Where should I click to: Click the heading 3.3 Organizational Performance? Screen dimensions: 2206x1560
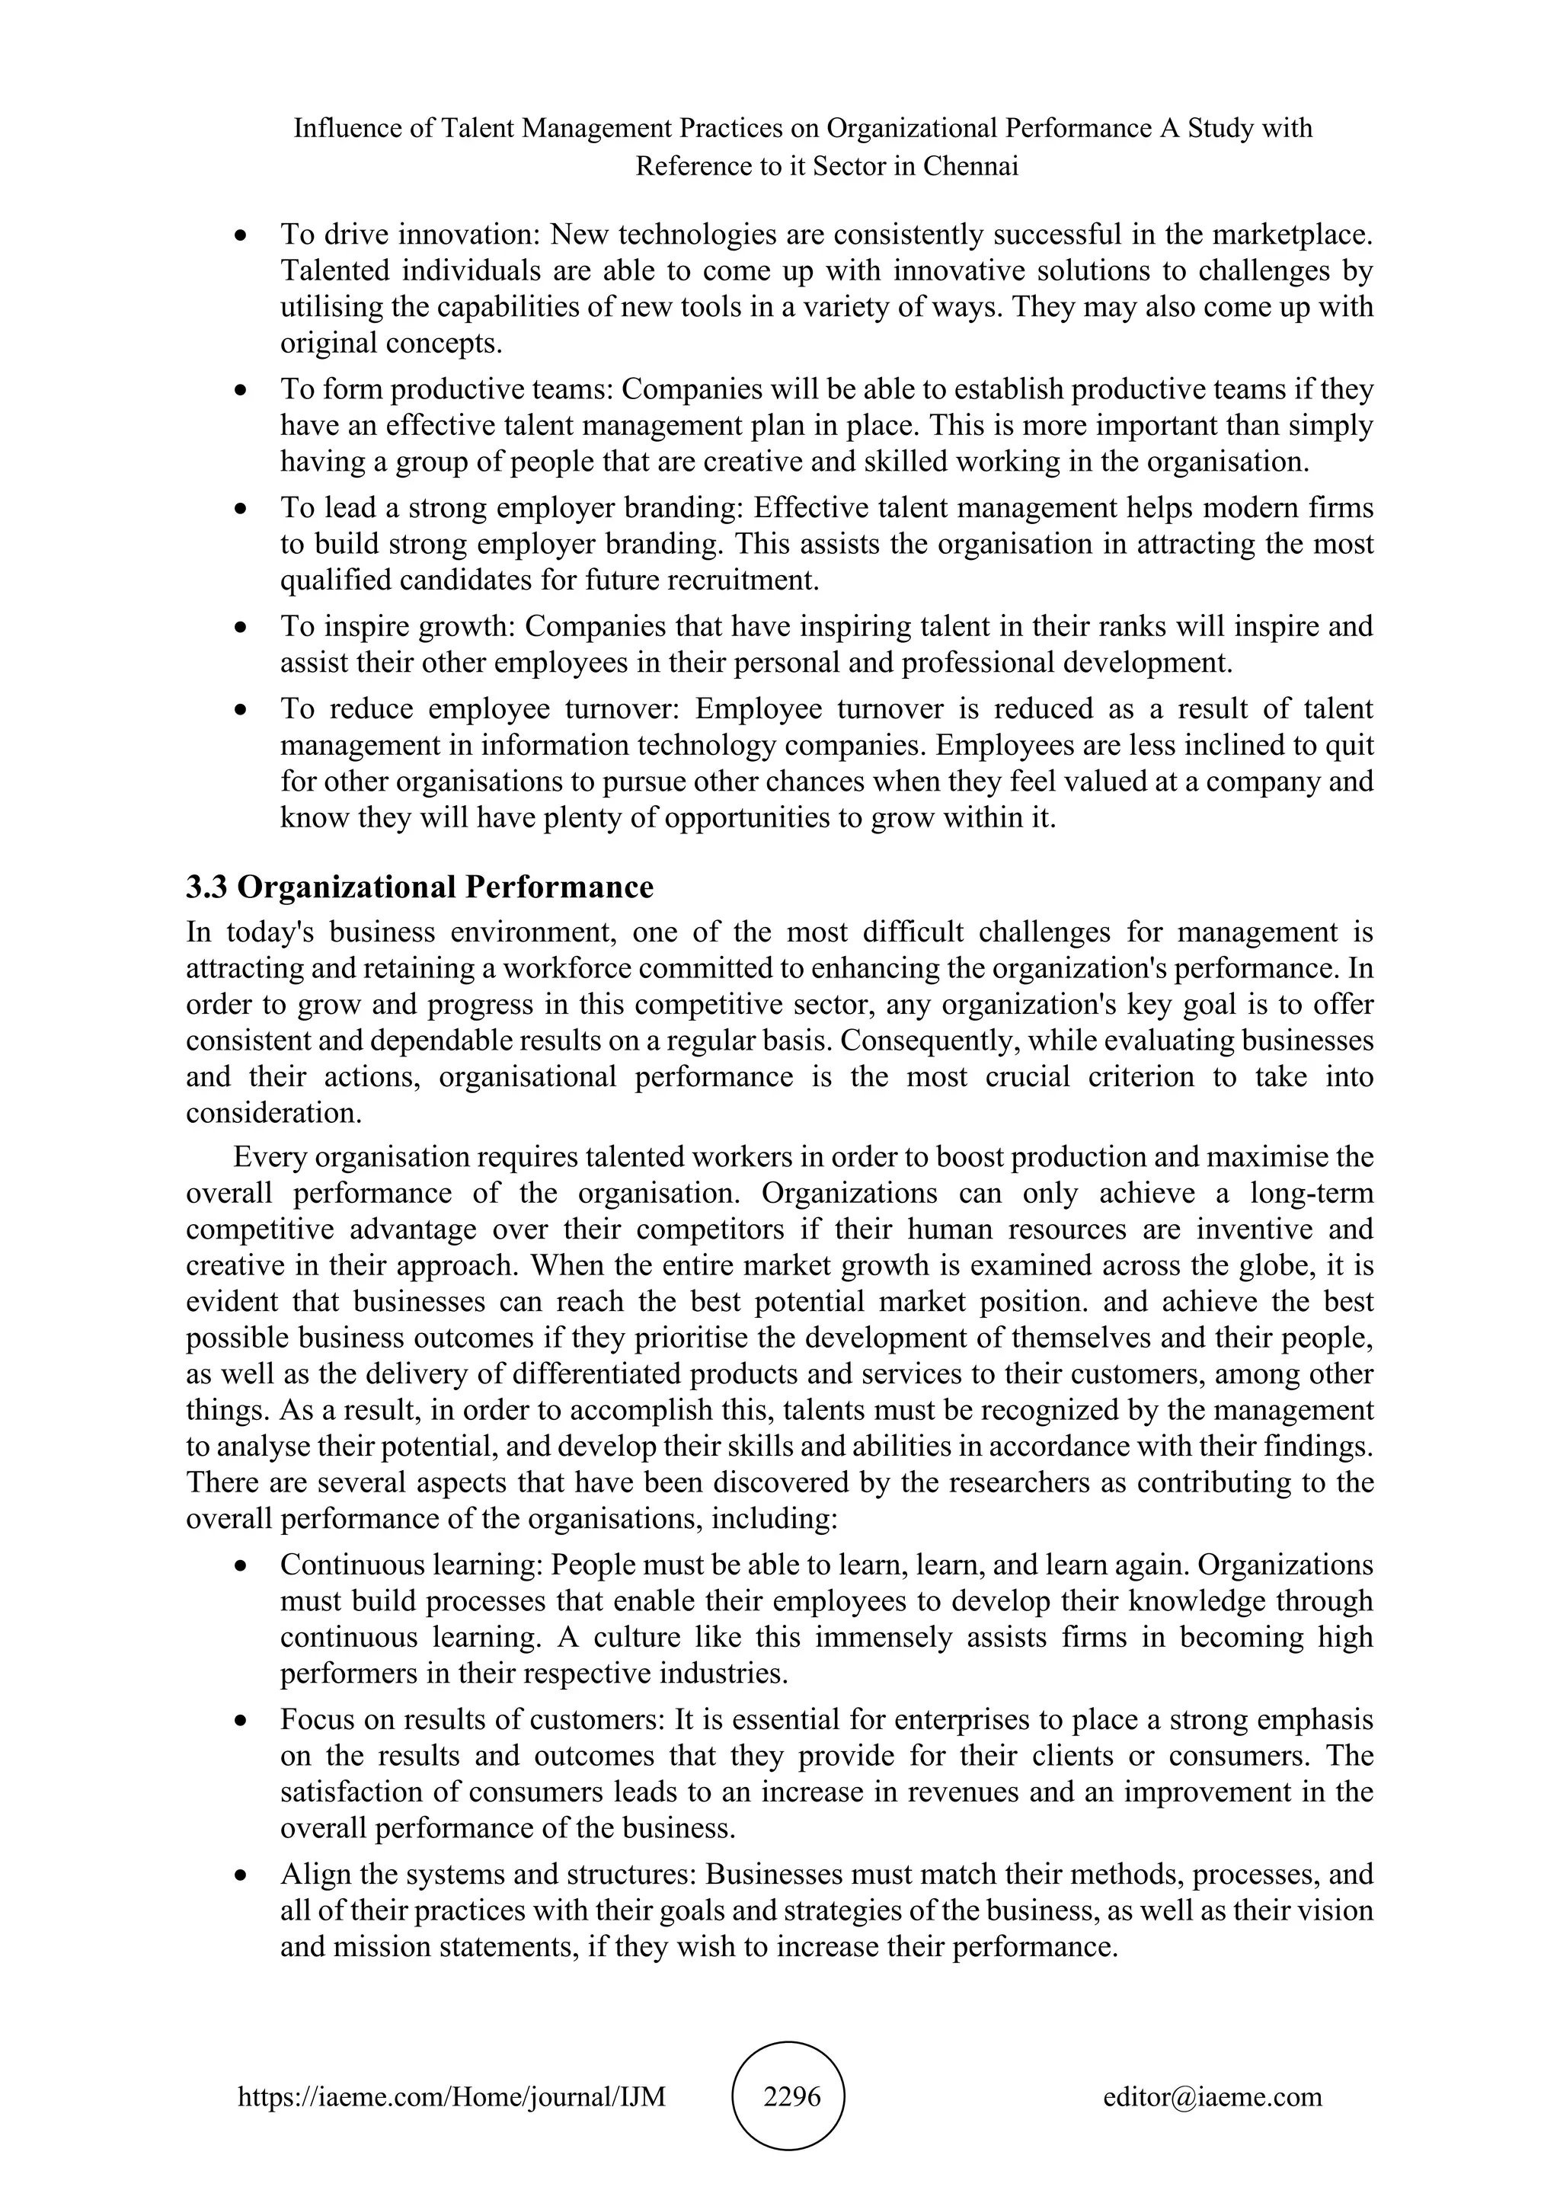[x=420, y=887]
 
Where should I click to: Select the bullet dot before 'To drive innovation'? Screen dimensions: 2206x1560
[x=242, y=235]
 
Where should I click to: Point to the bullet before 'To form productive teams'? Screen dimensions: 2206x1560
[x=242, y=391]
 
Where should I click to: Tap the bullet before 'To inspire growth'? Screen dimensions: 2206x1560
[x=242, y=628]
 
